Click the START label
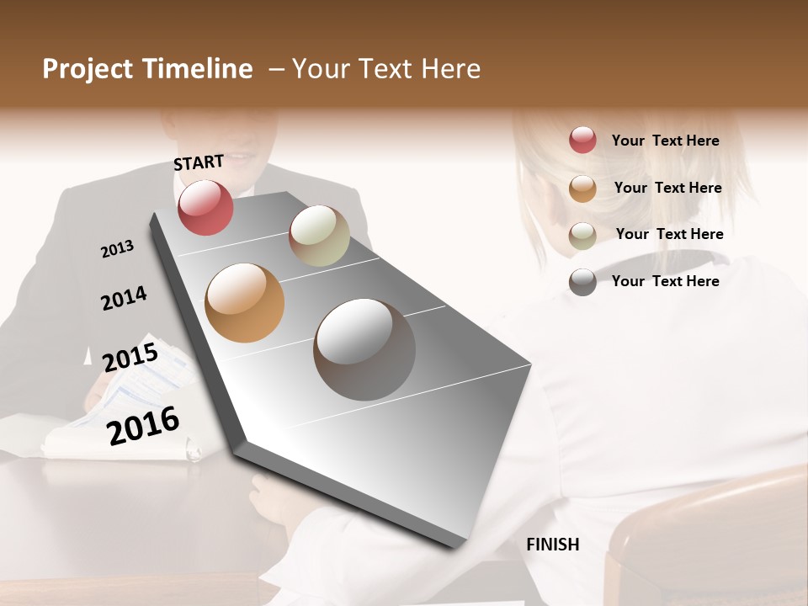pyautogui.click(x=199, y=162)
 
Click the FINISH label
pyautogui.click(x=553, y=545)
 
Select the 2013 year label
pyautogui.click(x=117, y=249)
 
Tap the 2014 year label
pyautogui.click(x=124, y=298)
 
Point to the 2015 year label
pyautogui.click(x=130, y=358)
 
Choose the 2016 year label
pyautogui.click(x=143, y=425)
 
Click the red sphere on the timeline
pyautogui.click(x=205, y=207)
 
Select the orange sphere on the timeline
pyautogui.click(x=244, y=303)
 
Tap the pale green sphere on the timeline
pyautogui.click(x=319, y=236)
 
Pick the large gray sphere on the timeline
pyautogui.click(x=364, y=349)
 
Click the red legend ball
pyautogui.click(x=582, y=141)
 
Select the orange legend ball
pyautogui.click(x=582, y=189)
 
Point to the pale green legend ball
pyautogui.click(x=582, y=236)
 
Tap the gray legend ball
pyautogui.click(x=582, y=282)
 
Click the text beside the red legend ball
pyautogui.click(x=665, y=141)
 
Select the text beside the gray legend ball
pyautogui.click(x=665, y=281)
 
